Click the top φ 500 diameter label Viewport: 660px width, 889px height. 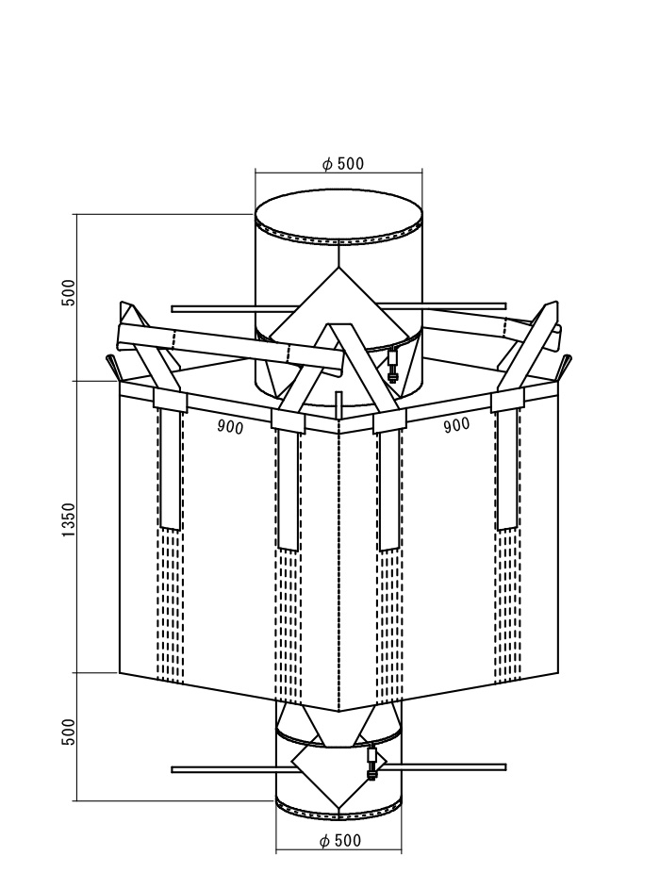342,164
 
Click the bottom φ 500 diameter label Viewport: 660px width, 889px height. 340,840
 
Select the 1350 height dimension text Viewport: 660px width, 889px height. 69,519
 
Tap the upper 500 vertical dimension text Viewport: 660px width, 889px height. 68,292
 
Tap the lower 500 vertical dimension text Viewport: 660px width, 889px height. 68,732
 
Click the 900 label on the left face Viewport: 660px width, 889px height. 230,427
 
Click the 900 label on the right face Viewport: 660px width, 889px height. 456,424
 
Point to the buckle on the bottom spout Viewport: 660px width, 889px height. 372,762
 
